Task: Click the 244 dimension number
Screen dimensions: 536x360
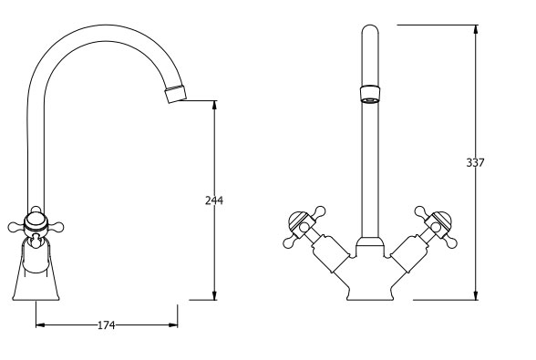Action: click(x=214, y=201)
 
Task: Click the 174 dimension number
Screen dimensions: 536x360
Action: click(x=107, y=325)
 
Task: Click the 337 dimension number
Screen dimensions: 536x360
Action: click(x=475, y=163)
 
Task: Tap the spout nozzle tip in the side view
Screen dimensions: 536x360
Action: click(x=176, y=93)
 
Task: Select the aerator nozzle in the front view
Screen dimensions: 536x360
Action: click(x=370, y=95)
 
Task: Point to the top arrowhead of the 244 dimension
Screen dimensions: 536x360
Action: click(x=214, y=105)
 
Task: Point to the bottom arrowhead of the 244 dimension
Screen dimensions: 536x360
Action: click(x=214, y=295)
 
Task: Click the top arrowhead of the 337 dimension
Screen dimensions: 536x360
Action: click(x=476, y=29)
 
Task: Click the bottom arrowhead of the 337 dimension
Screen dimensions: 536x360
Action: click(x=476, y=295)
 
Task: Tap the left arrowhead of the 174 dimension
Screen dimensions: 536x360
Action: click(x=40, y=324)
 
